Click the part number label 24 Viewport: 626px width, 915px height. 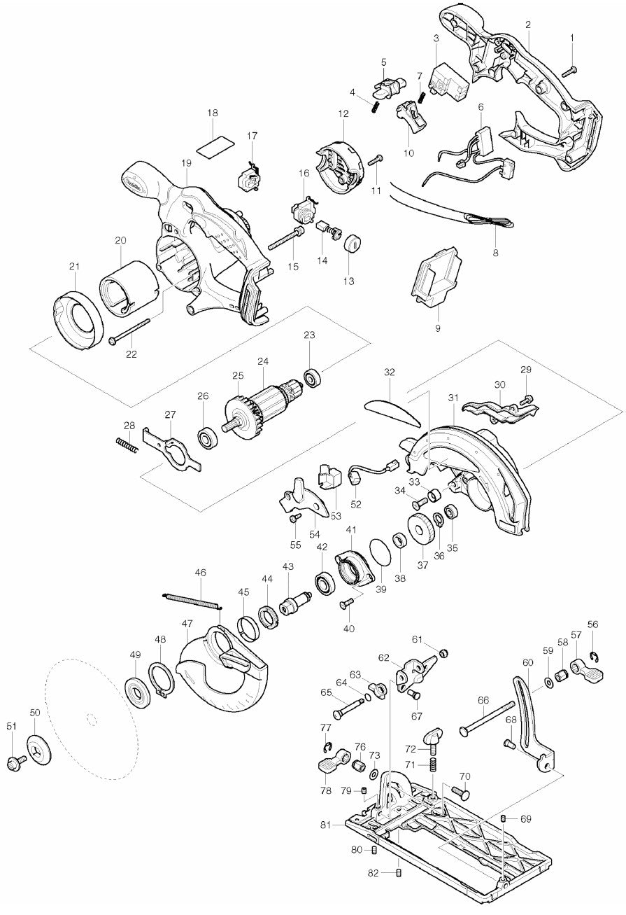(x=263, y=362)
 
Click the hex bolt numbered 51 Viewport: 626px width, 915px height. (x=13, y=762)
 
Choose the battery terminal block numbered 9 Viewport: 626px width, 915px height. (x=435, y=277)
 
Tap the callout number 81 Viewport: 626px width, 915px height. (x=325, y=825)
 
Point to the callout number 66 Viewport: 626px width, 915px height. (x=483, y=699)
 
